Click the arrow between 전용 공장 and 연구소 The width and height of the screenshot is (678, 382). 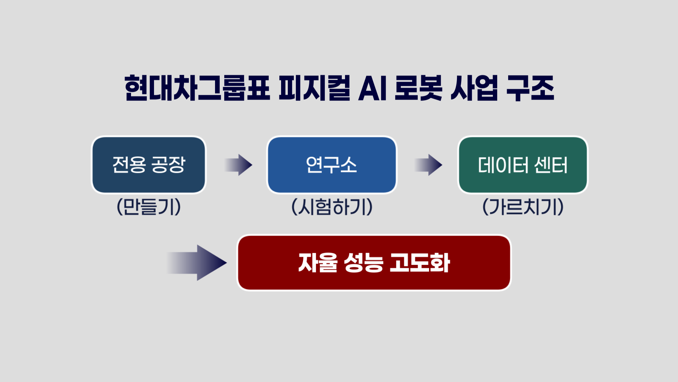pos(239,165)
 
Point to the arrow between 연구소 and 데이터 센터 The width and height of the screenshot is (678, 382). pos(429,165)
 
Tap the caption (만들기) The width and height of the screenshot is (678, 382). pos(149,207)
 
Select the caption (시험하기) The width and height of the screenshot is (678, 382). pos(332,207)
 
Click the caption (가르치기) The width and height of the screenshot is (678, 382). pos(523,207)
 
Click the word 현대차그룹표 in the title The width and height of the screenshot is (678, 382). pos(197,88)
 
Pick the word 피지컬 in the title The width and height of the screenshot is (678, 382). pos(314,88)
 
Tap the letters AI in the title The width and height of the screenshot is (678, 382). pos(373,88)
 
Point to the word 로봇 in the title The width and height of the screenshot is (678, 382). pos(418,88)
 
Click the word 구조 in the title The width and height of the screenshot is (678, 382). pos(530,88)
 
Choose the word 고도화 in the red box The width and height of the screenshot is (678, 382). pos(420,263)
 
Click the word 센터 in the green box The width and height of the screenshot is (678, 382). pos(551,165)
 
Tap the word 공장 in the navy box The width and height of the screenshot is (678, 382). pos(168,165)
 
